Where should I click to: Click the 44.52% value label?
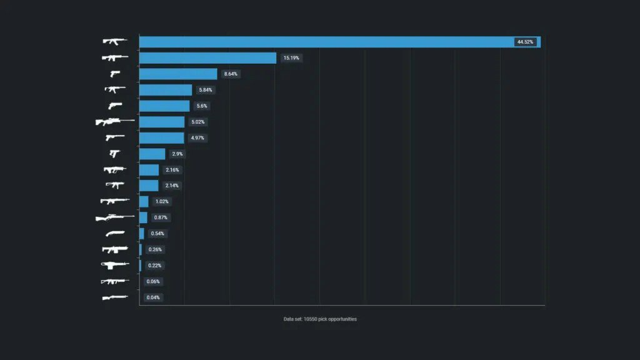[x=525, y=42]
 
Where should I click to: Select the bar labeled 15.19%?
[x=207, y=58]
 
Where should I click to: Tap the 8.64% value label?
[x=231, y=74]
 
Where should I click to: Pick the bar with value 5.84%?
[x=166, y=90]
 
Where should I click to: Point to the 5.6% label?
[x=202, y=106]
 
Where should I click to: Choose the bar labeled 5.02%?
[x=162, y=122]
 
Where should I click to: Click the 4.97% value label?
[x=197, y=137]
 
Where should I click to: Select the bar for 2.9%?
[x=152, y=154]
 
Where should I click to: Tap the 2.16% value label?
[x=172, y=170]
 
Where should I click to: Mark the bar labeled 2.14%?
[x=149, y=186]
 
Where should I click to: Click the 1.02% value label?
[x=162, y=202]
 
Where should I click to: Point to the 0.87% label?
[x=161, y=217]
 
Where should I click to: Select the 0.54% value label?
[x=157, y=234]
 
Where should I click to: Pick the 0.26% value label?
[x=154, y=249]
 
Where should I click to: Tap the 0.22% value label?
[x=154, y=266]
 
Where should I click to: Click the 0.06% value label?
[x=153, y=281]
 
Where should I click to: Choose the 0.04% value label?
[x=153, y=297]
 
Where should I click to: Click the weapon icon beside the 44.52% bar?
[x=114, y=42]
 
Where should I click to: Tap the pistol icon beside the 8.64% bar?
[x=114, y=74]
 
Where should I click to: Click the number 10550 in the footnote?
[x=311, y=319]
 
